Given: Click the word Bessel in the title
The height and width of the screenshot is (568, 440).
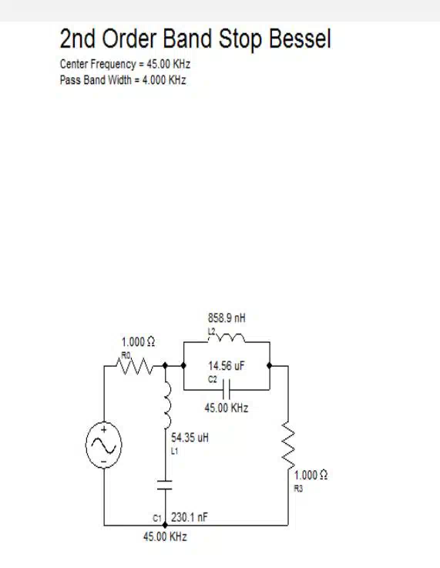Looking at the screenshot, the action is (301, 39).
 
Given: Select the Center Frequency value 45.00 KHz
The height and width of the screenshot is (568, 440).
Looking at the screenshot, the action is (169, 64).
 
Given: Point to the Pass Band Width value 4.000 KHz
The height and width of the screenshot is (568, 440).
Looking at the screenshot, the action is (164, 80).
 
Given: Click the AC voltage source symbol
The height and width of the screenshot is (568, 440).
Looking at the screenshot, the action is (104, 445).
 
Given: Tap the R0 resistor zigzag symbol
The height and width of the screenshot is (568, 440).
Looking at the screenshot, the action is (134, 366).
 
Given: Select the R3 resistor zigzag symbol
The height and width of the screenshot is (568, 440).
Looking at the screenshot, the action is (288, 445).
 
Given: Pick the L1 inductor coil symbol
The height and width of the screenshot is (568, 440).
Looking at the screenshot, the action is (167, 405).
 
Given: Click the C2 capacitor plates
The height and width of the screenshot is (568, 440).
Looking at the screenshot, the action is (227, 390).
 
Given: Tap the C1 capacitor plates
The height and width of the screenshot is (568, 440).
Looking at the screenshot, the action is (165, 485).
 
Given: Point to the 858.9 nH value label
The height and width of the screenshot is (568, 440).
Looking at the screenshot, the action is (227, 318).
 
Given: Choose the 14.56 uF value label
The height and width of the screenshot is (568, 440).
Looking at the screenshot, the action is (227, 366).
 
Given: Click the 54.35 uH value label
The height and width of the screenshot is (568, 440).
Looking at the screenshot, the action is (190, 438).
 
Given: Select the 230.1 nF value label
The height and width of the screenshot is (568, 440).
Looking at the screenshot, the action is (190, 517).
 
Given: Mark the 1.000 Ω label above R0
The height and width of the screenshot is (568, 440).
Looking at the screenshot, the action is (138, 342).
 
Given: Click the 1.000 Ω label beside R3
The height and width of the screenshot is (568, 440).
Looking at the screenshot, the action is (311, 476).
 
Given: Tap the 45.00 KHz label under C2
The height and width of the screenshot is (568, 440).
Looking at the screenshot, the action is (227, 408).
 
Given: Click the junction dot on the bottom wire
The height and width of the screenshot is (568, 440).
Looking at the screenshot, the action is (165, 525).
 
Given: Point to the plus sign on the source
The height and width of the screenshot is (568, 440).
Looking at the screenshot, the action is (104, 430).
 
